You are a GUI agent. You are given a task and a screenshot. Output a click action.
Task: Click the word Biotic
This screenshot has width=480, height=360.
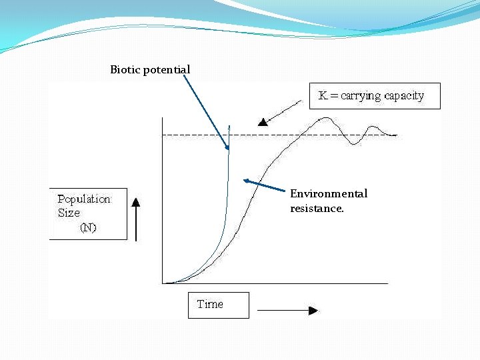tap(125, 70)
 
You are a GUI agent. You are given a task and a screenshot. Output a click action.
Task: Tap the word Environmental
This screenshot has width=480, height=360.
tap(329, 194)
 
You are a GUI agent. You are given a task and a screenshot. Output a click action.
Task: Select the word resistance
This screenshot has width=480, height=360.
tap(317, 209)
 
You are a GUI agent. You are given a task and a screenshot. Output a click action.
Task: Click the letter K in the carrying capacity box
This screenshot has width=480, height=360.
tap(323, 95)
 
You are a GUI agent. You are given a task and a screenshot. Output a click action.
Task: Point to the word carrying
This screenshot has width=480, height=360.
tap(361, 96)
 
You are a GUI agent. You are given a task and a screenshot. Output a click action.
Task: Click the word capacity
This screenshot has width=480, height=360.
tap(404, 96)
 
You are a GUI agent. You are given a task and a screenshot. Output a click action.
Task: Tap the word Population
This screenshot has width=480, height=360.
tap(84, 199)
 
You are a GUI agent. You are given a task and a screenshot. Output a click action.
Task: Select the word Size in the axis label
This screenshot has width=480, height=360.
tap(69, 213)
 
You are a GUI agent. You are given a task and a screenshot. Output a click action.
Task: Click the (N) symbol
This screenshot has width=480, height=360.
tap(88, 228)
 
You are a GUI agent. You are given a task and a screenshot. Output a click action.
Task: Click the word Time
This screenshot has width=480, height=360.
tap(210, 305)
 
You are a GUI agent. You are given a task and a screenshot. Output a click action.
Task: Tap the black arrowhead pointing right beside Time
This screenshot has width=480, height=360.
tap(313, 310)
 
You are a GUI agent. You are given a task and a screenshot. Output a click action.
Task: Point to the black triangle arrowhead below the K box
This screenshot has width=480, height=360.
tap(263, 121)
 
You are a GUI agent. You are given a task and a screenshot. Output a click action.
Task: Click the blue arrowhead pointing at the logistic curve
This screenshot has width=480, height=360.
tap(247, 180)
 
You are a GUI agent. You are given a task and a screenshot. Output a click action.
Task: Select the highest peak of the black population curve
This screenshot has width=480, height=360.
tap(327, 118)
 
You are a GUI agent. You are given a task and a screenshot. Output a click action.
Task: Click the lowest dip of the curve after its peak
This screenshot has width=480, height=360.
tap(355, 144)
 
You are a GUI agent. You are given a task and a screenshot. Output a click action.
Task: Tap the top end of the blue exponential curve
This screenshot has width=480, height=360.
tap(229, 125)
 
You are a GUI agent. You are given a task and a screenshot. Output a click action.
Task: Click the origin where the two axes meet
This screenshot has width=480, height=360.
tap(163, 283)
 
